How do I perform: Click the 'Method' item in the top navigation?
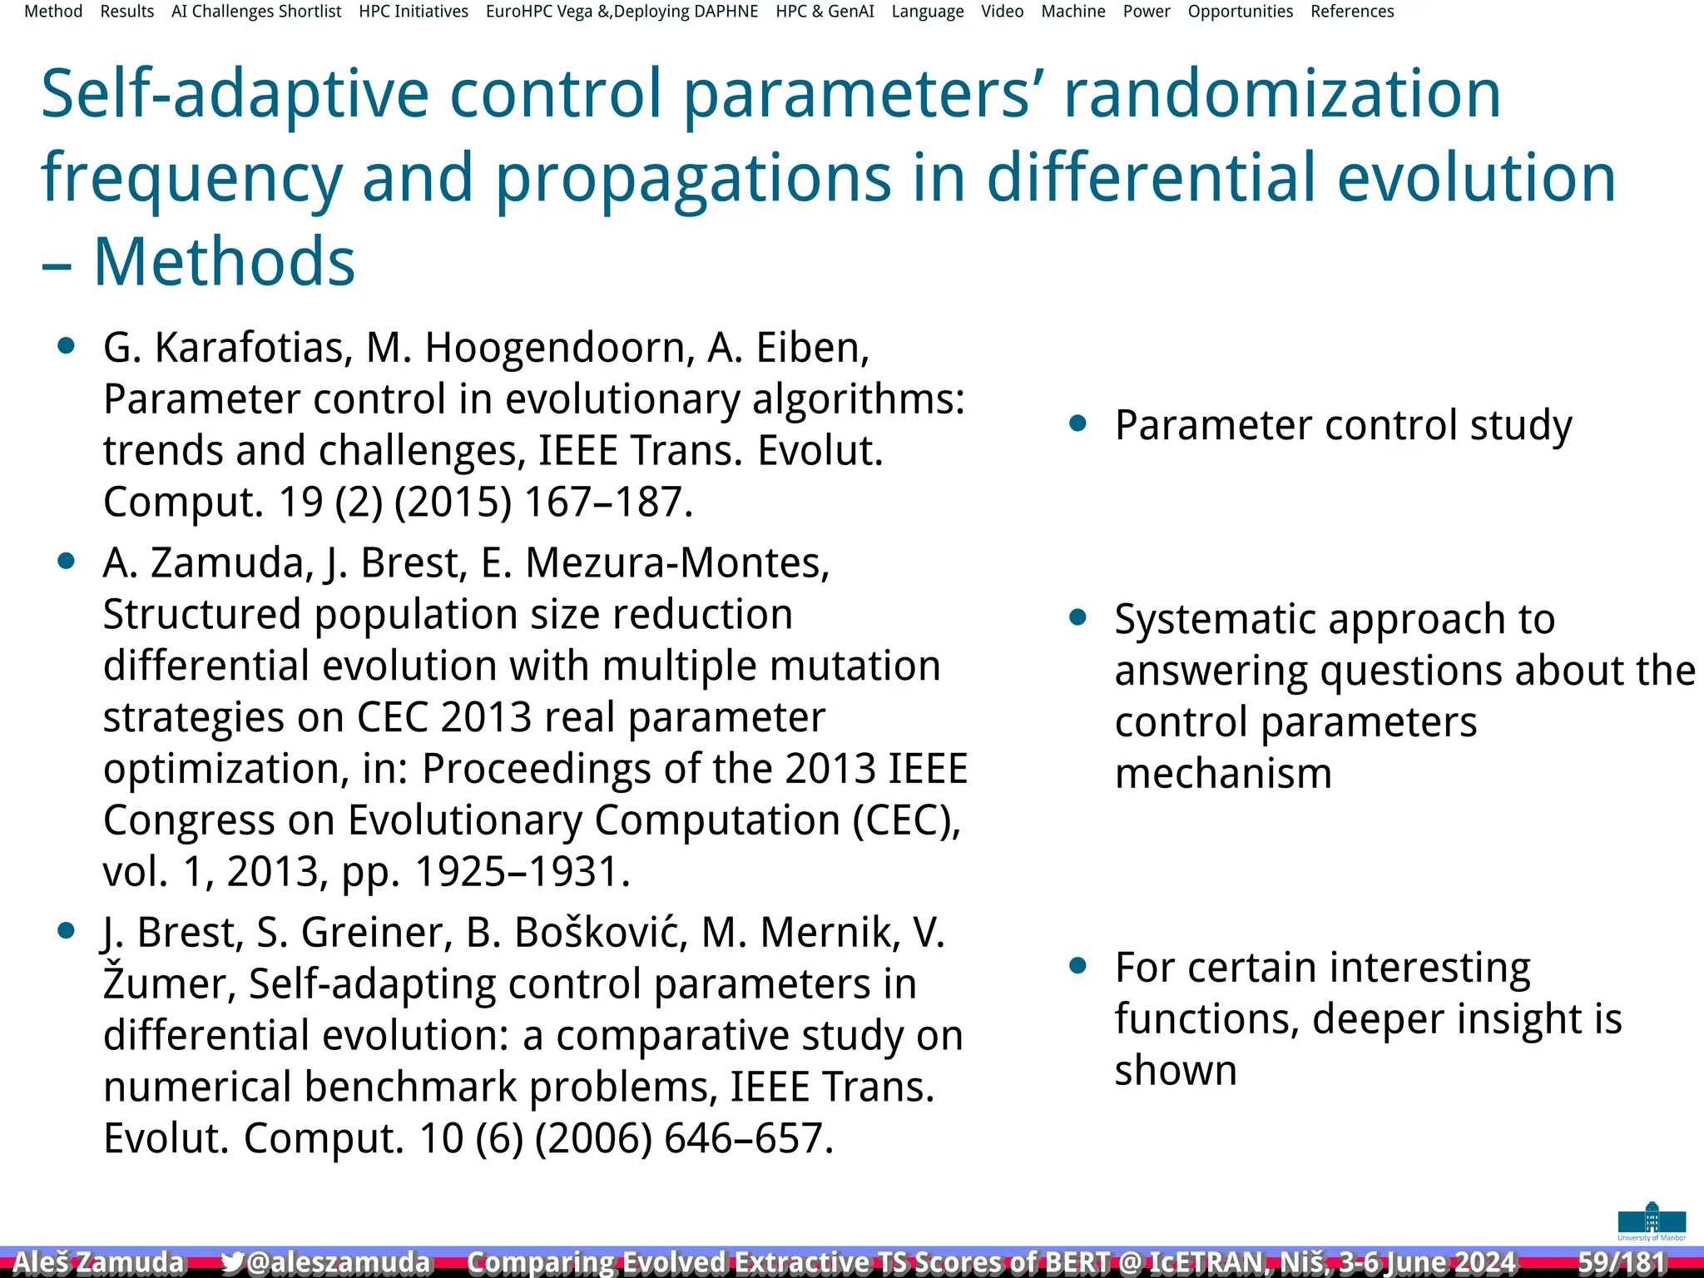[x=53, y=12]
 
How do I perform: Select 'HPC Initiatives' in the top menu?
[x=414, y=12]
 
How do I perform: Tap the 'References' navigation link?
[x=1352, y=12]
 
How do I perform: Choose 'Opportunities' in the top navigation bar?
[x=1240, y=12]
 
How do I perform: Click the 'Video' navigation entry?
[x=1002, y=12]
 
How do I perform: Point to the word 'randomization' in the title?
[x=1282, y=93]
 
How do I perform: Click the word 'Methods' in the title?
[x=224, y=261]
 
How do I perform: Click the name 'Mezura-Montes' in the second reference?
[x=678, y=562]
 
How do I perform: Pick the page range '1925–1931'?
[x=522, y=871]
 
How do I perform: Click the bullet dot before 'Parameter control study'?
[x=1078, y=424]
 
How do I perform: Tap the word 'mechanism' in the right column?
[x=1223, y=773]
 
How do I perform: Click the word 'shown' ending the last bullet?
[x=1175, y=1070]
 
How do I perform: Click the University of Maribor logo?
[x=1652, y=1221]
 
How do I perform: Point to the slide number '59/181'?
[x=1621, y=1262]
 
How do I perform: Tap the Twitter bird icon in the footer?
[x=232, y=1262]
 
